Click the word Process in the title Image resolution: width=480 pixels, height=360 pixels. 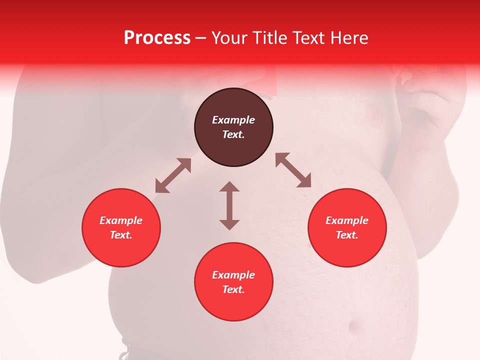click(157, 38)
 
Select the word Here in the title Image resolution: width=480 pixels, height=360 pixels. click(350, 38)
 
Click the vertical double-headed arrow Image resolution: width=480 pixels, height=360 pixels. click(229, 205)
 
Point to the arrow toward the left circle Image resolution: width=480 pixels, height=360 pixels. click(173, 175)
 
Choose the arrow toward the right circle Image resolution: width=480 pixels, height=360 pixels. click(293, 170)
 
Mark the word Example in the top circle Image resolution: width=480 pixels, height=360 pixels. click(233, 120)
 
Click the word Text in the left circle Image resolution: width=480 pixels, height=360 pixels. click(121, 235)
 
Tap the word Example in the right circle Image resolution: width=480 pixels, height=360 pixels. click(347, 220)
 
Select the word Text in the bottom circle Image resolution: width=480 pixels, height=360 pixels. click(233, 289)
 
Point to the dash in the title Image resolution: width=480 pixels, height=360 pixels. click(200, 38)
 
